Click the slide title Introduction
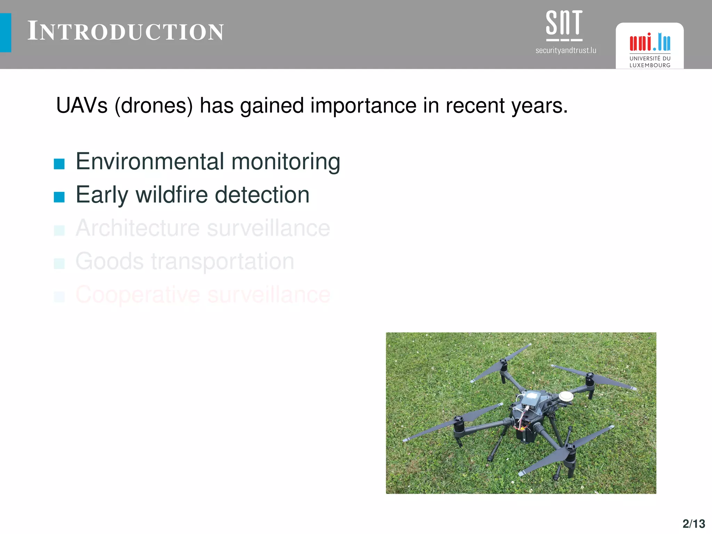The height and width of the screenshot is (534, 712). coord(126,31)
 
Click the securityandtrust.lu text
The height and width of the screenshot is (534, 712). coord(566,50)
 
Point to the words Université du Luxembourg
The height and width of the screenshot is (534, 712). coord(650,62)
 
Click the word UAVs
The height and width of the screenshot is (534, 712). coord(82,105)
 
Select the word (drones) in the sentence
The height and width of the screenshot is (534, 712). coord(154,106)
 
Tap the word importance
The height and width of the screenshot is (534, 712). coord(363,106)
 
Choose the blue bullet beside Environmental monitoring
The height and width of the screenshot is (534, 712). coord(59,164)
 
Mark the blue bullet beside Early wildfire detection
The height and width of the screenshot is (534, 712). coord(59,197)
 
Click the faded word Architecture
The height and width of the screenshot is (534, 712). coord(138,228)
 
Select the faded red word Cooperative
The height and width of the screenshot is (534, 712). coord(138,295)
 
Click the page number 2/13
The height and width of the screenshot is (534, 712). coord(694,524)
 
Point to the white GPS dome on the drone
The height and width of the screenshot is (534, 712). coord(566,396)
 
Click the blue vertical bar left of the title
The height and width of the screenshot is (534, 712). coord(6,33)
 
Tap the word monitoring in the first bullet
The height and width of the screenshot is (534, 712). coord(286,162)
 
